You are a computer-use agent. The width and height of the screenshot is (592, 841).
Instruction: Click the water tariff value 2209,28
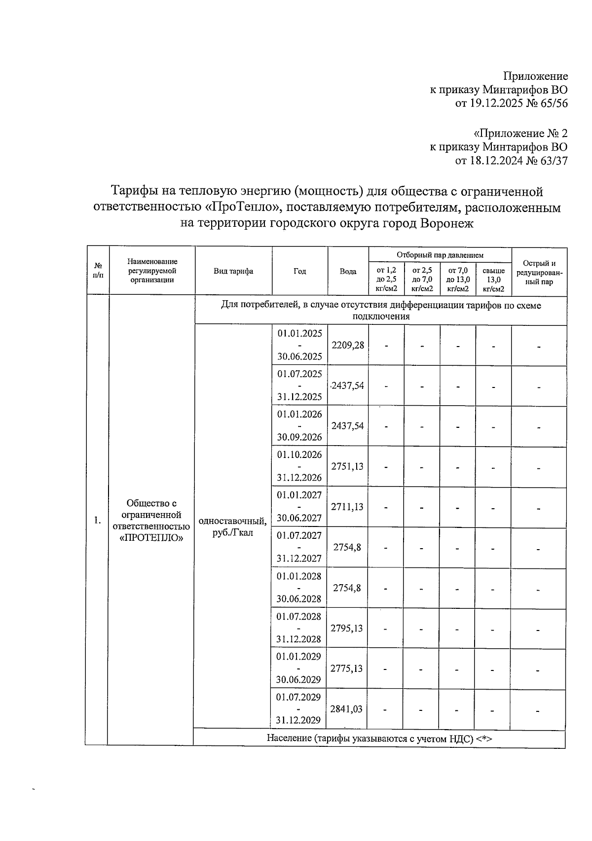(348, 345)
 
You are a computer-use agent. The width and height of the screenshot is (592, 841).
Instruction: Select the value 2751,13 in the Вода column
(348, 466)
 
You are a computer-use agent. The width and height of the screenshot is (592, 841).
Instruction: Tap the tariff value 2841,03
(346, 709)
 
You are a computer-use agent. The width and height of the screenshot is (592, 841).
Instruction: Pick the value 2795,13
(347, 628)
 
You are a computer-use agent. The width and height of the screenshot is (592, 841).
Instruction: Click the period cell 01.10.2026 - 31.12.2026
(299, 466)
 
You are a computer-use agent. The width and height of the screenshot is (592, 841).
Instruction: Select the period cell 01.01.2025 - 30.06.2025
(299, 345)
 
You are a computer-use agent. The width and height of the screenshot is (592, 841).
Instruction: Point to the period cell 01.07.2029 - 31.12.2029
(298, 709)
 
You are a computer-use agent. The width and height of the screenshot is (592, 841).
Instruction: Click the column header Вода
(348, 272)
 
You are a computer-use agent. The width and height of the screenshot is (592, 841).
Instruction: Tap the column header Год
(299, 272)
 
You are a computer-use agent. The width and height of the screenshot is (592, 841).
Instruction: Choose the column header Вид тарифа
(233, 272)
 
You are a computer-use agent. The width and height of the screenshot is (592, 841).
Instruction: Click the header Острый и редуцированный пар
(539, 273)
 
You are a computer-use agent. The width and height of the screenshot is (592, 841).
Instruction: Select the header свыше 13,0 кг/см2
(493, 280)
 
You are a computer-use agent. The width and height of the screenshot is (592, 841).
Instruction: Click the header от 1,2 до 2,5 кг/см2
(386, 280)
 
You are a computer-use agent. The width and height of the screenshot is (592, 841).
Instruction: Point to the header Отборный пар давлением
(440, 255)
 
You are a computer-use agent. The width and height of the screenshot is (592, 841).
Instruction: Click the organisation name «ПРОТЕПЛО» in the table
(151, 538)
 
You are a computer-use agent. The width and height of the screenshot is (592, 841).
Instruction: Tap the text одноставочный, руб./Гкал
(233, 527)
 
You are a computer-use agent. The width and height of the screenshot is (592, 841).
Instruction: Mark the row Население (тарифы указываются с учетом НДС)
(379, 738)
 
